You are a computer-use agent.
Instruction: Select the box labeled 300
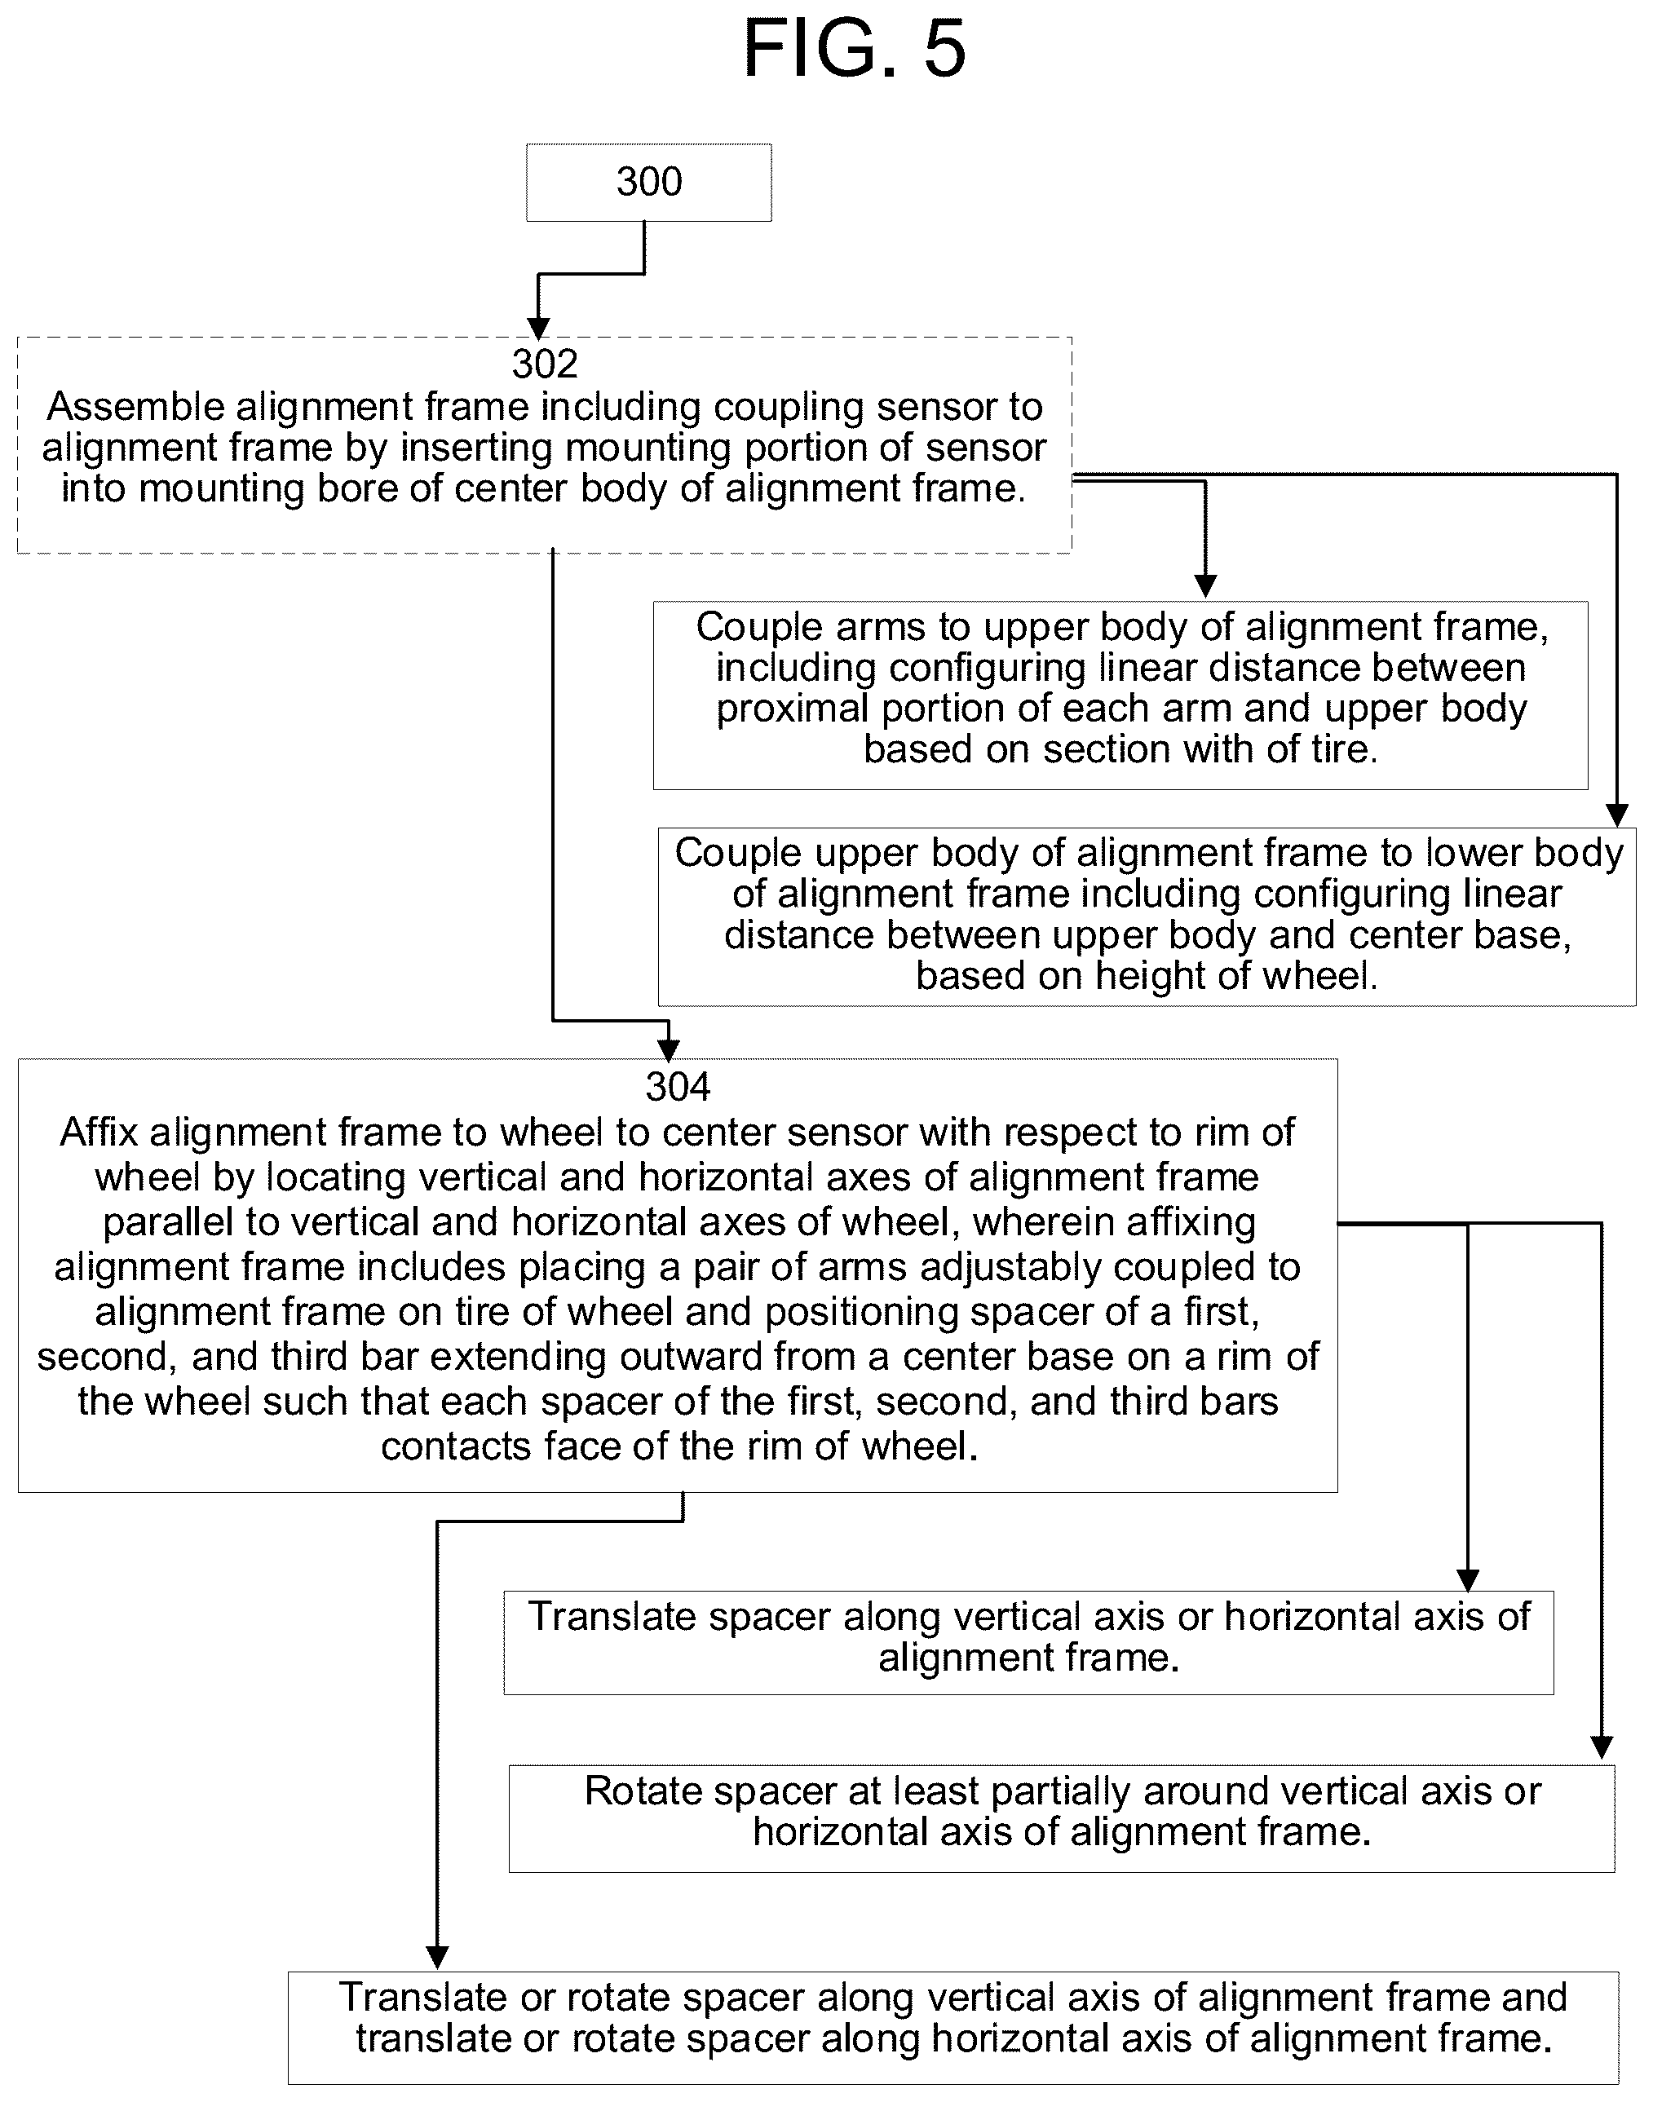(648, 183)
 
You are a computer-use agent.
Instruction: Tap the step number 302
(545, 364)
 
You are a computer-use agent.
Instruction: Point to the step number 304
(678, 1088)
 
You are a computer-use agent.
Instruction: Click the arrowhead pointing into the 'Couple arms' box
(1205, 585)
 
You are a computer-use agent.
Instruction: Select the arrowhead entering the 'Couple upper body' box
(1616, 815)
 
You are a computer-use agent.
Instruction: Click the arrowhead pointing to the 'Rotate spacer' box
(1602, 1747)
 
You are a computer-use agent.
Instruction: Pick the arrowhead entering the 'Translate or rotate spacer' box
(437, 1958)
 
